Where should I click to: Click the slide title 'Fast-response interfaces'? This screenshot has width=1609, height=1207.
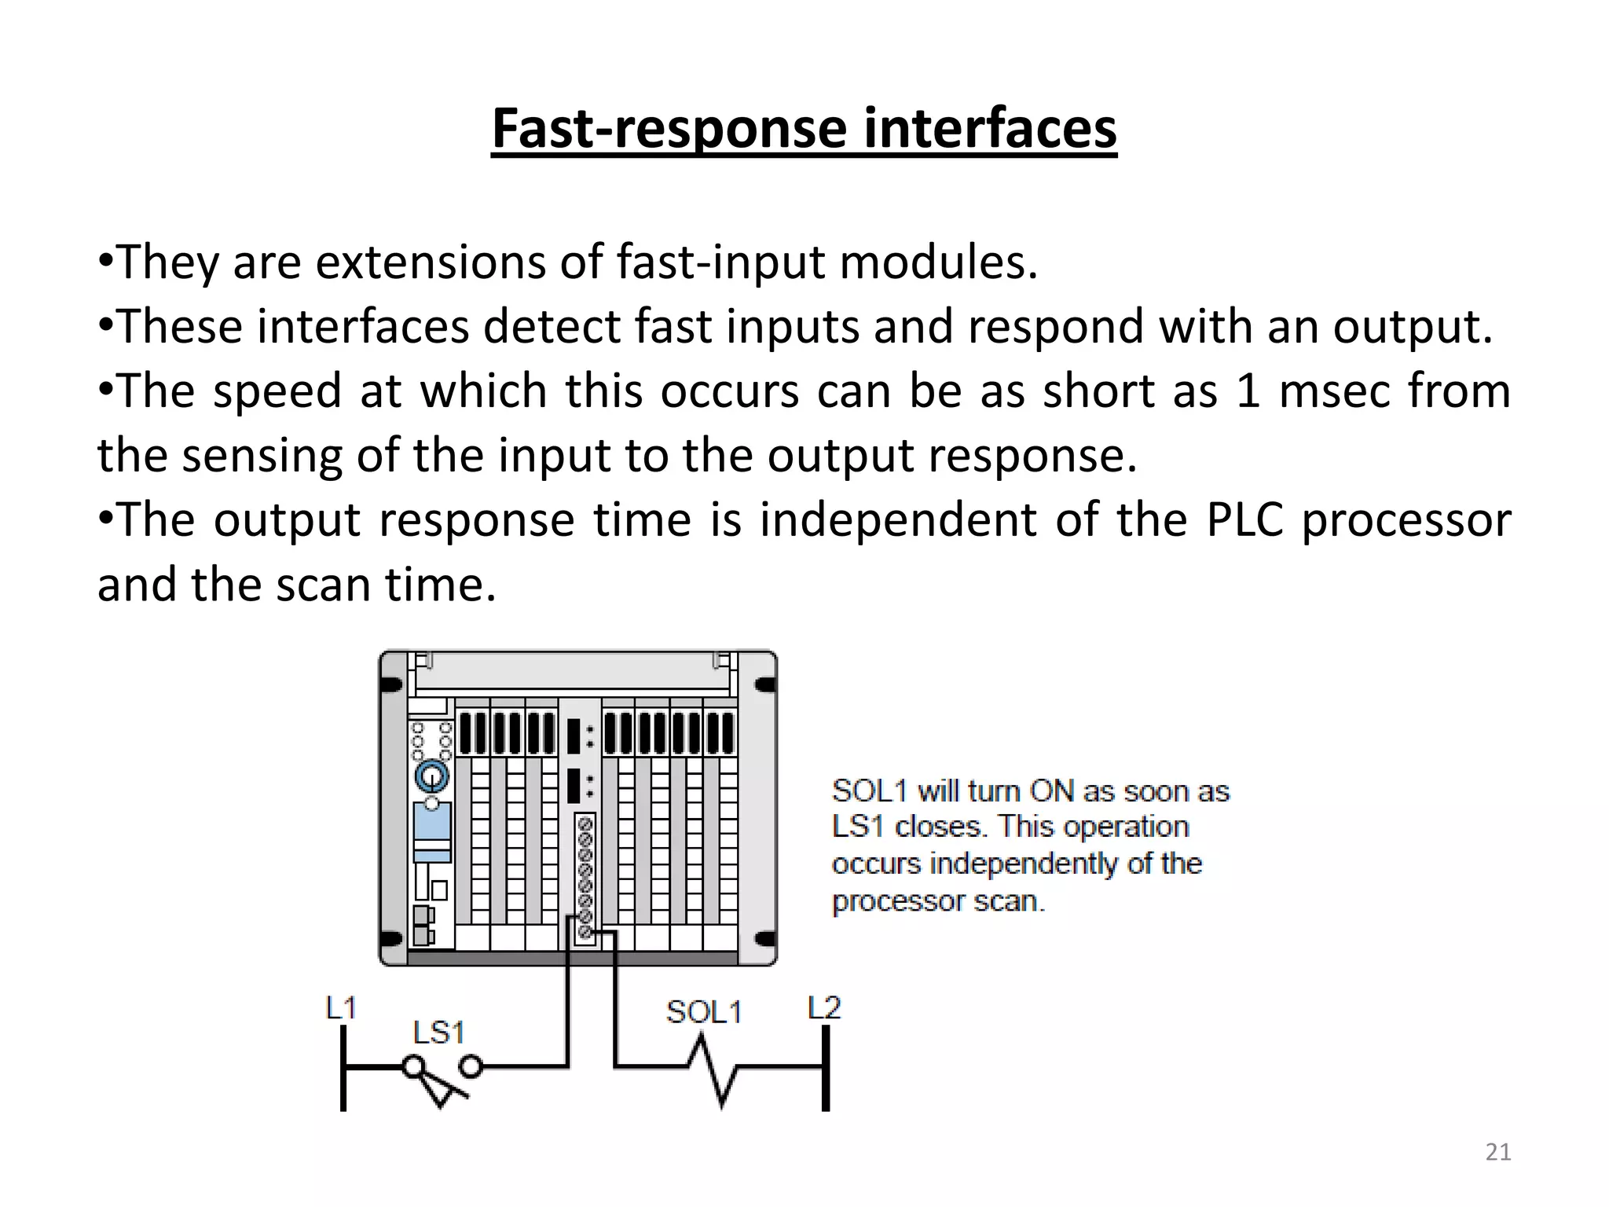pos(804,129)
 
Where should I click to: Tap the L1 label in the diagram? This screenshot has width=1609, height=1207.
pos(341,1007)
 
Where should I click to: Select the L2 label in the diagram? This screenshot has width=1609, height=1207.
pos(824,1007)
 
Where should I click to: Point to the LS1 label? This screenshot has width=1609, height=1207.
pos(438,1033)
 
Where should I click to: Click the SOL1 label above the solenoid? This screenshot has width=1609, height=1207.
pos(703,1012)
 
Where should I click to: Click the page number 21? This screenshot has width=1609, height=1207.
pos(1498,1152)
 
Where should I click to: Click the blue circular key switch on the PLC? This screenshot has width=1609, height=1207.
pos(431,777)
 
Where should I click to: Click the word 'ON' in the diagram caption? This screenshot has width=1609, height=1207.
pos(1052,791)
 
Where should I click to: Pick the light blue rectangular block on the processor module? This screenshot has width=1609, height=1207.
pos(432,822)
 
